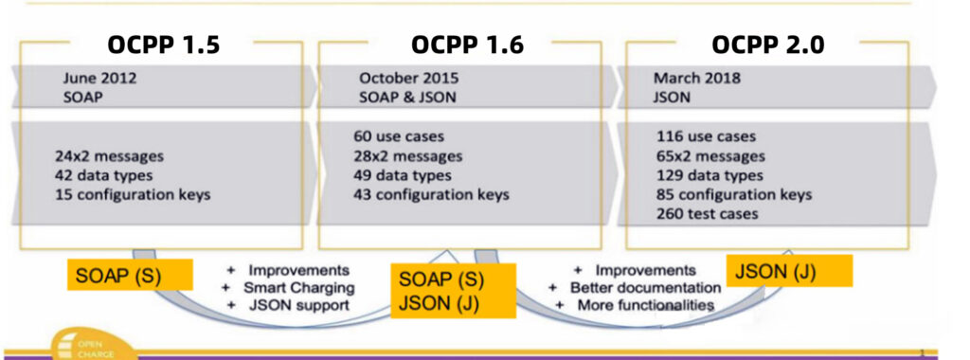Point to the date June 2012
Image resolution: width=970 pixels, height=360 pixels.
click(x=99, y=79)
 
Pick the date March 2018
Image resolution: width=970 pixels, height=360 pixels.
click(x=697, y=79)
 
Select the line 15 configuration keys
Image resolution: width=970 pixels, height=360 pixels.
click(x=133, y=195)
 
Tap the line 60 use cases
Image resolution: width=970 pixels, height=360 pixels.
click(x=398, y=136)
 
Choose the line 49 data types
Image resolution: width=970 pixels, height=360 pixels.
click(x=403, y=175)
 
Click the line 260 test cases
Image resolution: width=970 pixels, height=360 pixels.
click(x=707, y=214)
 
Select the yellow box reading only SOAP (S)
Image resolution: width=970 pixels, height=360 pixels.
click(x=130, y=275)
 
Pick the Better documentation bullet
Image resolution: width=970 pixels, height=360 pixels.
click(x=644, y=287)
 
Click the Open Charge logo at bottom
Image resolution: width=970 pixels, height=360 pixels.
click(x=90, y=346)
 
